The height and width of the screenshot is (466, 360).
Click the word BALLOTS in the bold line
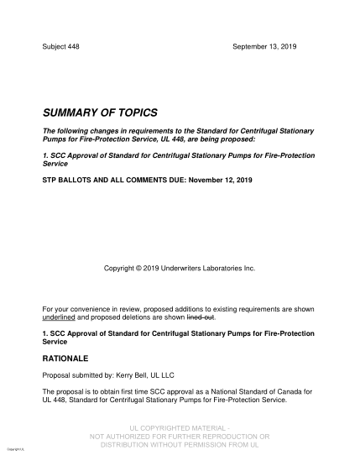79,181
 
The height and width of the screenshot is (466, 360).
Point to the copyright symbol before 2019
139,268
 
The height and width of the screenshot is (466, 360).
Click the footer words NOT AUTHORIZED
124,437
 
